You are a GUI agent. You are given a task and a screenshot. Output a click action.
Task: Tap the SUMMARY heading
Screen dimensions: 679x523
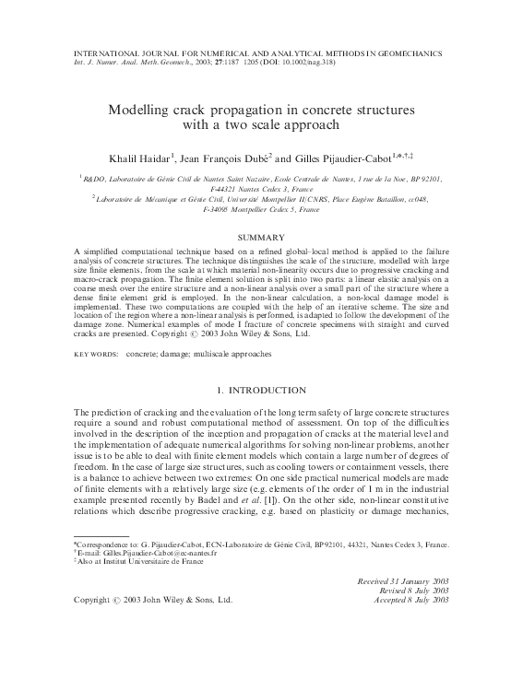[x=261, y=238]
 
